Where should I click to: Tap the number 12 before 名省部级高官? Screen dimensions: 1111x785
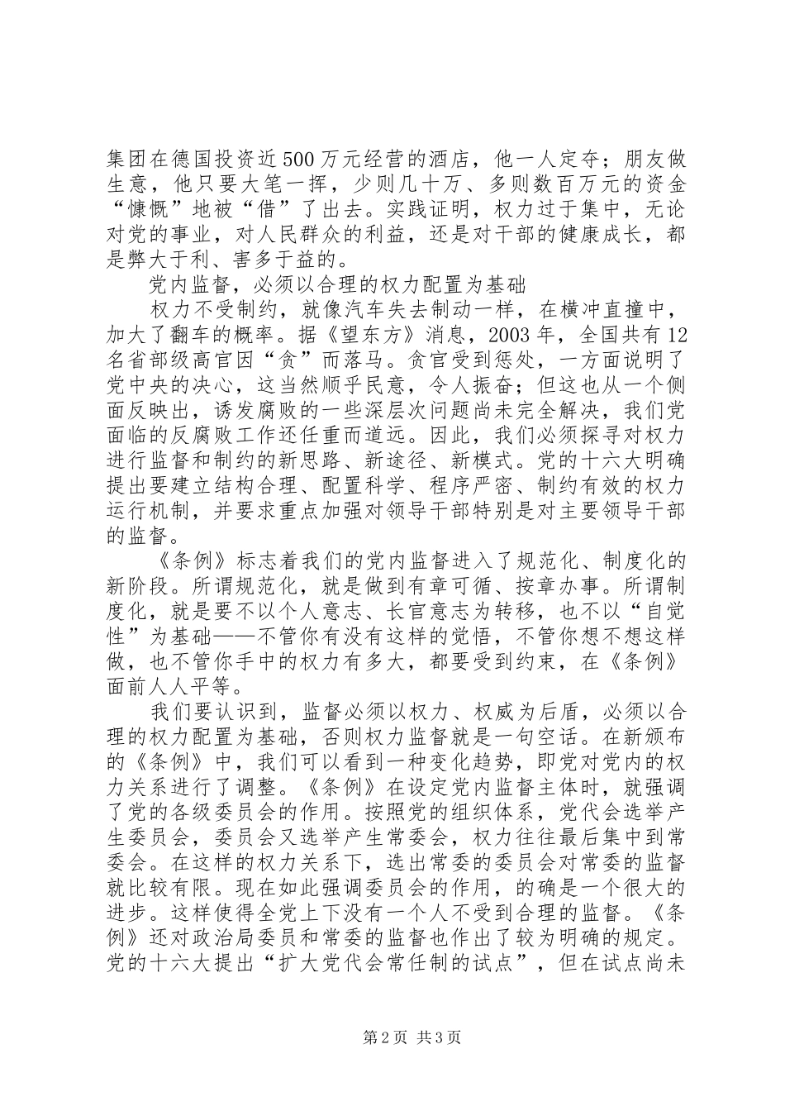[x=676, y=335]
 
